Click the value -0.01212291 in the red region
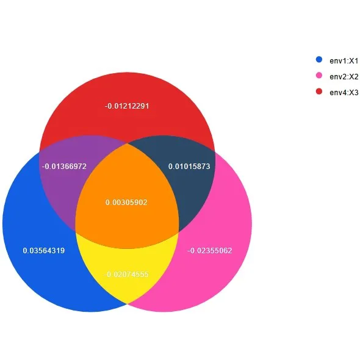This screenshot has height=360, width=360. coord(127,106)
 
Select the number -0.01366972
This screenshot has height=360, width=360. coord(64,166)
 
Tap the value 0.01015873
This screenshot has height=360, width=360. coord(189,166)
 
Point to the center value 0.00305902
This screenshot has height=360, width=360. coord(126,202)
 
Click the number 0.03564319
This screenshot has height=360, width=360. coord(44,251)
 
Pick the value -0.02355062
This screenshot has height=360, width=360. coord(210,251)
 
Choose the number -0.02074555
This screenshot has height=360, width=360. coord(126,275)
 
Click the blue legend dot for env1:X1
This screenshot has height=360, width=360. coord(319,59)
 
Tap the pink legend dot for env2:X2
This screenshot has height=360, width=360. coord(319,75)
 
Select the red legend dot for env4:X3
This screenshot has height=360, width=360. coord(319,92)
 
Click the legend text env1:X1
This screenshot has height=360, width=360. coord(344,61)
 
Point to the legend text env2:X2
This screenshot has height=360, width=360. coord(344,77)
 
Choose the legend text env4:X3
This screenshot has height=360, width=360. coord(344,93)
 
